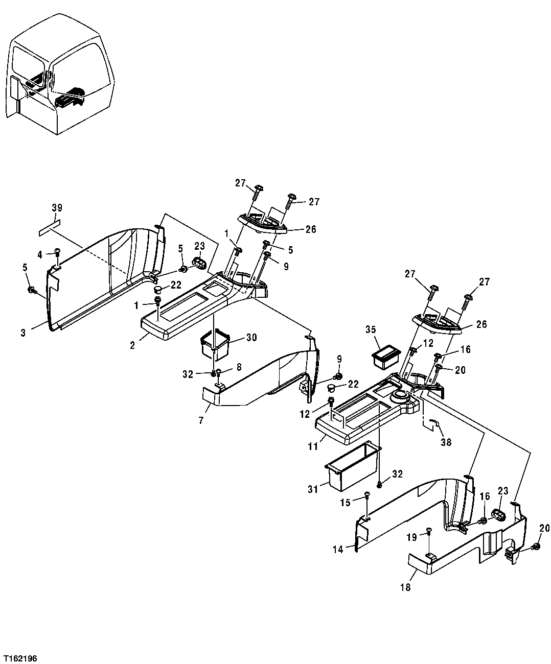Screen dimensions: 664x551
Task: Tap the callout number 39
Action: (x=56, y=207)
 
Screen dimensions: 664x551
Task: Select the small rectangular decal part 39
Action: (x=49, y=228)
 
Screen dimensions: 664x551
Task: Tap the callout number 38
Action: (x=446, y=442)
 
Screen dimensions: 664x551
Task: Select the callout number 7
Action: (x=200, y=420)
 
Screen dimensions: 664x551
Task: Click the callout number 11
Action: (x=313, y=446)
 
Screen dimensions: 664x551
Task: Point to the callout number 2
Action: (x=132, y=345)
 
